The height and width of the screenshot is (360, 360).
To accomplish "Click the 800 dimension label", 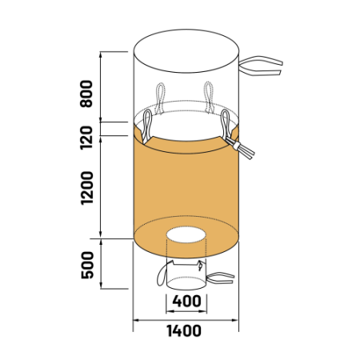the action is coord(86,94).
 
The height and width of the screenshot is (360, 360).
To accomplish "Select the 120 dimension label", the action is coord(86,138).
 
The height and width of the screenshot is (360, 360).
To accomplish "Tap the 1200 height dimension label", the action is coord(86,188).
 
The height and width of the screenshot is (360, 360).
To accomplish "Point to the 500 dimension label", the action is coord(87,265).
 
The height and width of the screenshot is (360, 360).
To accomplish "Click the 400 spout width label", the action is coord(186,301).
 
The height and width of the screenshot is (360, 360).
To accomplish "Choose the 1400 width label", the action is coord(184,330).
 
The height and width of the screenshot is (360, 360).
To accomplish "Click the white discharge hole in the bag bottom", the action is coord(186,234).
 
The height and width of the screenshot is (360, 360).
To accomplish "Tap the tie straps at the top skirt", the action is coord(261,66).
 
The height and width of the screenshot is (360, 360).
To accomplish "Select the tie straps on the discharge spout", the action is coord(220,278).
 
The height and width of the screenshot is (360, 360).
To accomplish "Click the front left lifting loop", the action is coord(147,126).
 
